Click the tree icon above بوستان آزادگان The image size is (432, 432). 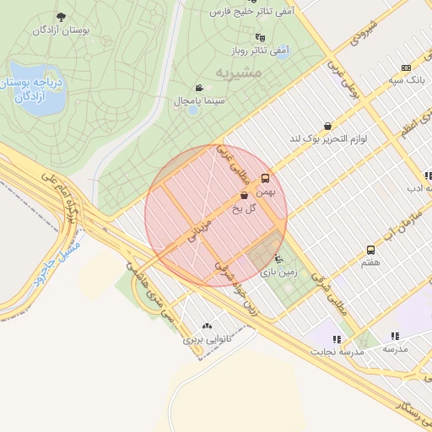[61, 16]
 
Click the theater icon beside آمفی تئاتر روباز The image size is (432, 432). [260, 37]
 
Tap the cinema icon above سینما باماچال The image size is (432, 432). [199, 88]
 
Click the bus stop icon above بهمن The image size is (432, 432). [266, 178]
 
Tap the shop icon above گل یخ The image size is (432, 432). [244, 195]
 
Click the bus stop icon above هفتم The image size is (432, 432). [370, 251]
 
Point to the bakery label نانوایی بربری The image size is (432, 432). [207, 341]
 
